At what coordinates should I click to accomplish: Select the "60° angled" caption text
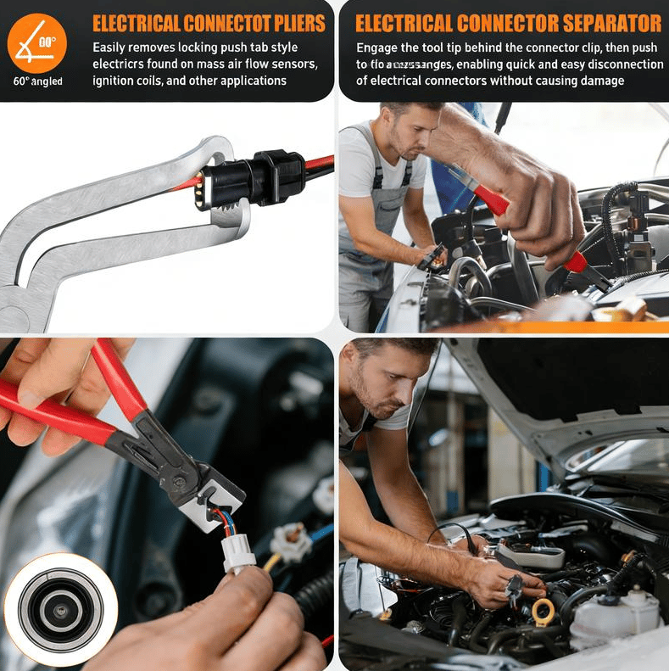click(38, 81)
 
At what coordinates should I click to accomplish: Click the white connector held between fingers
click(239, 553)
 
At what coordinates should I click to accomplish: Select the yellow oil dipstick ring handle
click(543, 609)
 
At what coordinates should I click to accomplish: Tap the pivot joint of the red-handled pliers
click(181, 481)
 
